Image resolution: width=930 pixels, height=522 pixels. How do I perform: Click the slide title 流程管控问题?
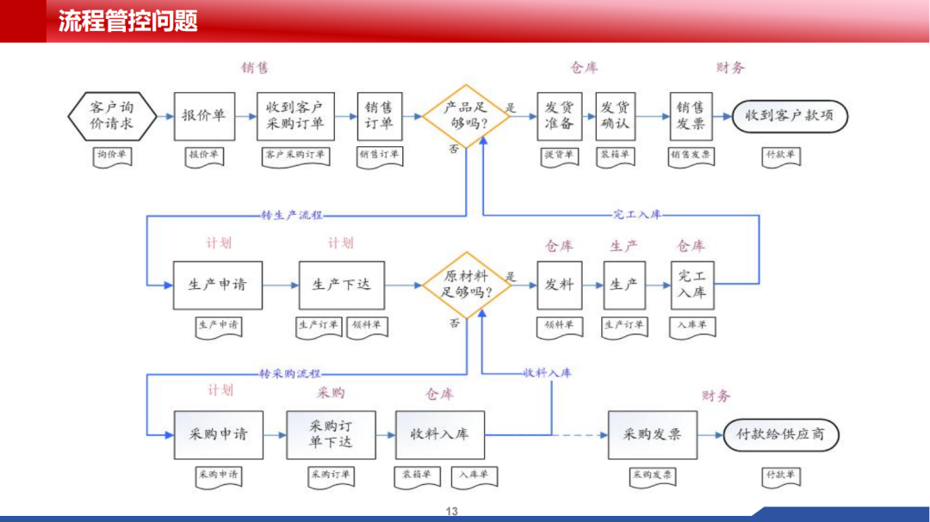click(128, 21)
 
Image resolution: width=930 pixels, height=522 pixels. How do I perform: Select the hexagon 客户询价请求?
click(113, 115)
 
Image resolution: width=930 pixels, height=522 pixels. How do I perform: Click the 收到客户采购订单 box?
click(294, 116)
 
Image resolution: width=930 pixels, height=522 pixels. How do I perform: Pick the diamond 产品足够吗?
click(466, 116)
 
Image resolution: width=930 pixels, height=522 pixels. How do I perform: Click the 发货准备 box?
click(560, 116)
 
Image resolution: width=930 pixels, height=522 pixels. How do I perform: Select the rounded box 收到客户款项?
click(790, 116)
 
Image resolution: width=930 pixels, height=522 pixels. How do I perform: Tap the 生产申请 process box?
click(216, 285)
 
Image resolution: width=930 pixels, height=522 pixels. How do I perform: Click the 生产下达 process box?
click(341, 285)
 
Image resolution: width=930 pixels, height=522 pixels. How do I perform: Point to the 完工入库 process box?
click(692, 285)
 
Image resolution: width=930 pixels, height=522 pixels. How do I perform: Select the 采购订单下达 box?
click(331, 434)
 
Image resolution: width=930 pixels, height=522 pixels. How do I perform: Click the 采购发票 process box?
click(652, 434)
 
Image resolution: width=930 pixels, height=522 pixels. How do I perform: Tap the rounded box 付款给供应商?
click(781, 434)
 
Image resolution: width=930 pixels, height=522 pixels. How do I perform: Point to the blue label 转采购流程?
click(290, 373)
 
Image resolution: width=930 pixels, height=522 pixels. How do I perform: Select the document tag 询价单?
click(113, 156)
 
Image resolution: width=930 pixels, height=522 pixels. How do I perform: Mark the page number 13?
click(452, 512)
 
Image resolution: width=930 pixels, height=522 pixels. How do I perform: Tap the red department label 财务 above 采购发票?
click(716, 396)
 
